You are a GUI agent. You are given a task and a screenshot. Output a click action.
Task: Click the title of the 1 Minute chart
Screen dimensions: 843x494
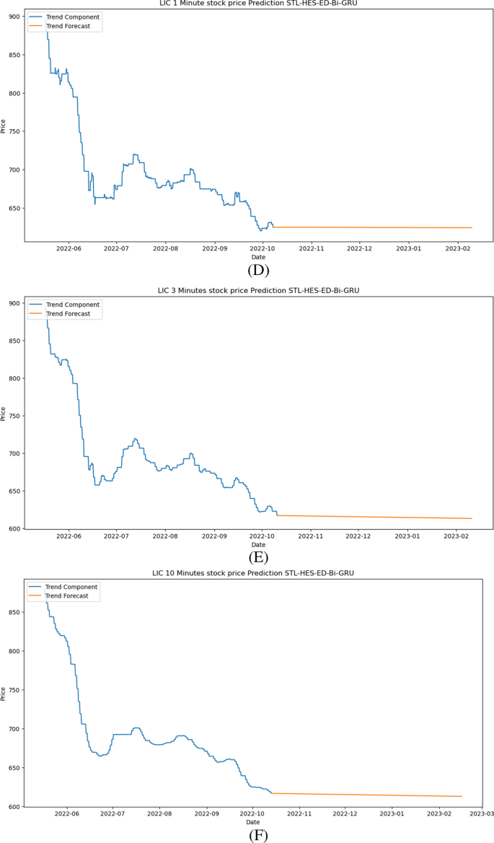pyautogui.click(x=257, y=3)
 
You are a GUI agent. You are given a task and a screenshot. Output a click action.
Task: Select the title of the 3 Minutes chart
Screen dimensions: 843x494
pyautogui.click(x=257, y=290)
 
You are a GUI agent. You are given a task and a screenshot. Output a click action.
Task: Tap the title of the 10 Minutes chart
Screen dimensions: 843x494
pyautogui.click(x=257, y=572)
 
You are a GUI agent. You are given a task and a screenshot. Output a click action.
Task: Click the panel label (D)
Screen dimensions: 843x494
pyautogui.click(x=257, y=271)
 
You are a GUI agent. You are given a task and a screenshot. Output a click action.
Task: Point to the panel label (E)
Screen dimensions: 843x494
pyautogui.click(x=257, y=556)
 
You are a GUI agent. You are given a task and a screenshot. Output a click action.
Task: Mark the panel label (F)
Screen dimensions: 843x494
pyautogui.click(x=257, y=835)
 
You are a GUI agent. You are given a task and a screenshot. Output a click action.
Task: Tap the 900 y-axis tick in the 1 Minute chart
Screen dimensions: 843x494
pyautogui.click(x=13, y=17)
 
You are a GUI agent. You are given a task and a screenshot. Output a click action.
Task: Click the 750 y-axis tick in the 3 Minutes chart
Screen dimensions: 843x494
pyautogui.click(x=13, y=416)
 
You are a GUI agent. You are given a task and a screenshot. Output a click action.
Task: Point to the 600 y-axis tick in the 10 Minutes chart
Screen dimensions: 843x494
pyautogui.click(x=13, y=806)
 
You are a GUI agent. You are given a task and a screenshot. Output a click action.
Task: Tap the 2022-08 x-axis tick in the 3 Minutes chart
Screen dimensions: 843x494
pyautogui.click(x=165, y=536)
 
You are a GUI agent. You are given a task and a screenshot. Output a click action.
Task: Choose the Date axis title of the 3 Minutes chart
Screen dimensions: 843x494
pyautogui.click(x=257, y=545)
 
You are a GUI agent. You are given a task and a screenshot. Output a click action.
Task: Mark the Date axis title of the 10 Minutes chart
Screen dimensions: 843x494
pyautogui.click(x=252, y=822)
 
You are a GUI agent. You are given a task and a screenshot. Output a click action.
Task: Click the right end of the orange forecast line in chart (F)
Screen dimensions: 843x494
pyautogui.click(x=462, y=796)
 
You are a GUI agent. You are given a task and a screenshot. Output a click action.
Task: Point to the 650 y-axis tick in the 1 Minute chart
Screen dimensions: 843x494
pyautogui.click(x=13, y=208)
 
